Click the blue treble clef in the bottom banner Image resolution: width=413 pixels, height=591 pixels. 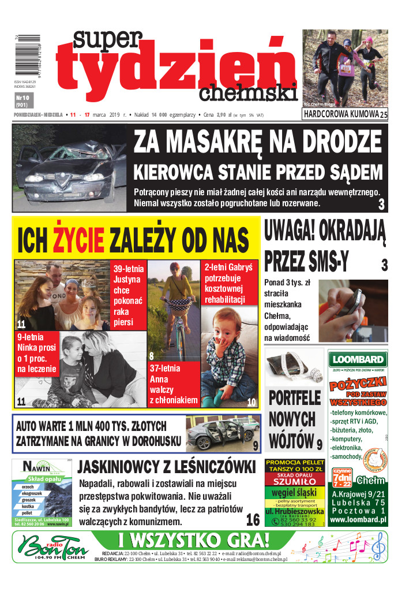coord(378,546)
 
